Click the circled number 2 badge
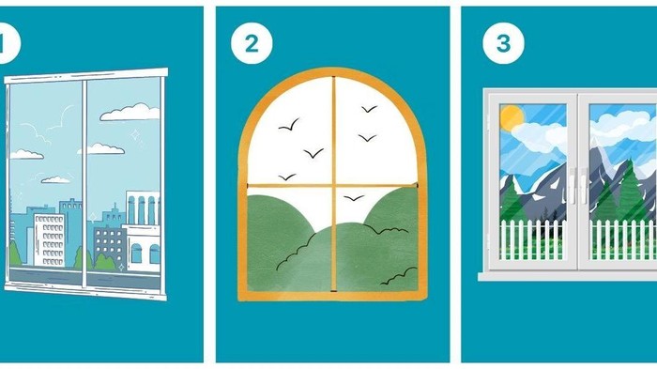coord(252,43)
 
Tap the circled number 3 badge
coord(503,43)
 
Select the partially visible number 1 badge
coord(9,43)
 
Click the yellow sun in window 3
coord(512,117)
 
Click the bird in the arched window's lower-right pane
coord(354,197)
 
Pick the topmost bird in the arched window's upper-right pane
coord(369,109)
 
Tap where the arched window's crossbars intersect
coord(334,185)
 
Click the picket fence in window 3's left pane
coord(532,239)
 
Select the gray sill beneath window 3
coord(567,275)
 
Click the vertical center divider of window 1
coord(84,183)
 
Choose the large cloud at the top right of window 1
coord(130,112)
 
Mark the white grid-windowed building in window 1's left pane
coord(50,239)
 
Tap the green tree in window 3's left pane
coord(512,206)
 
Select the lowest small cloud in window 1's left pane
coord(56,180)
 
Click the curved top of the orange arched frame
coord(333,71)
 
